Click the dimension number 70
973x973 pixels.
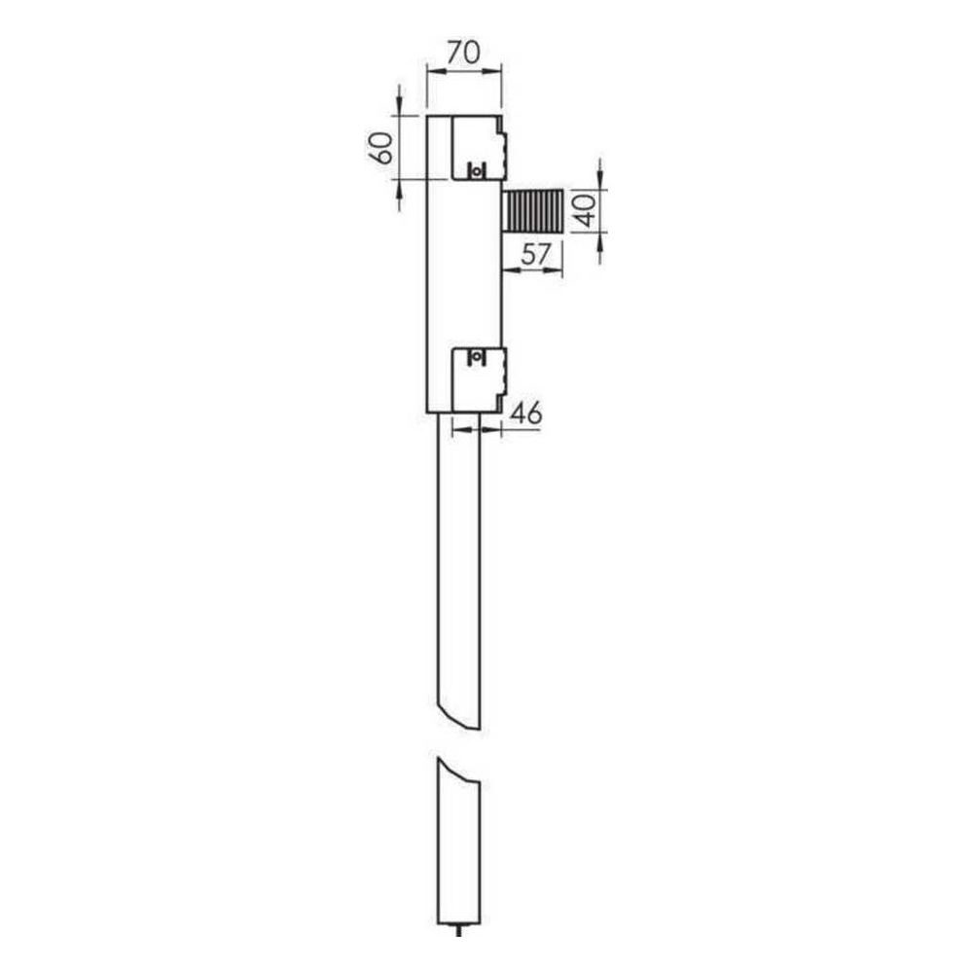pos(463,53)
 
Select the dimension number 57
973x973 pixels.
pos(535,254)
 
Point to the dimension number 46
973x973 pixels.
pos(525,414)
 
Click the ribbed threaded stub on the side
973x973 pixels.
pos(533,211)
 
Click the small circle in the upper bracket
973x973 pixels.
pos(476,170)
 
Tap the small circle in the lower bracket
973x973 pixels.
pos(476,357)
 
